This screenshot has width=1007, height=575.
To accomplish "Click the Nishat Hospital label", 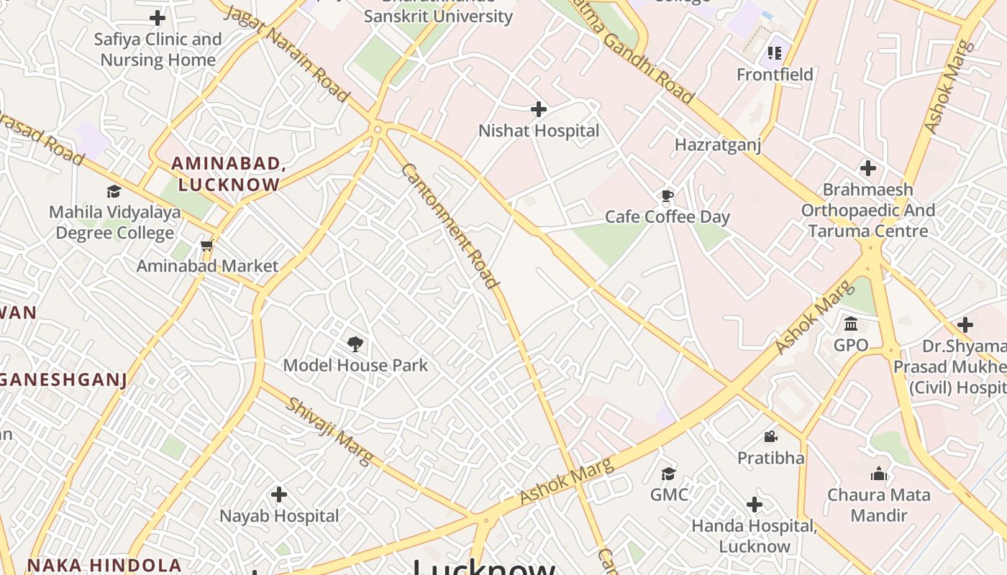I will pyautogui.click(x=539, y=131).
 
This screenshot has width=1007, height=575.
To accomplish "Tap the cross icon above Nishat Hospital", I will pyautogui.click(x=539, y=109).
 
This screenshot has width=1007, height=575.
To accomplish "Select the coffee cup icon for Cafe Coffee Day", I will pyautogui.click(x=667, y=195).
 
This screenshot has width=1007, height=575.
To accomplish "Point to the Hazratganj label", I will pyautogui.click(x=717, y=145).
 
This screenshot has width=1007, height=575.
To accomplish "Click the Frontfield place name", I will pyautogui.click(x=775, y=75).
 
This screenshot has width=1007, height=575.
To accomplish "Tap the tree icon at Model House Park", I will pyautogui.click(x=355, y=344).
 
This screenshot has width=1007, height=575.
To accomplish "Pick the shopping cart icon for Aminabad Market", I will pyautogui.click(x=207, y=246).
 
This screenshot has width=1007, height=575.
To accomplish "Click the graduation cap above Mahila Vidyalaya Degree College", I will pyautogui.click(x=114, y=191).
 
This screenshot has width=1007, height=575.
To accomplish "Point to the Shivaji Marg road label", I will pyautogui.click(x=331, y=431).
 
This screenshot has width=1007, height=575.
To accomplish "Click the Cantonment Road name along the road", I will pyautogui.click(x=450, y=226).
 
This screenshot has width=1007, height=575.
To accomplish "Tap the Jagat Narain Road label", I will pyautogui.click(x=287, y=54).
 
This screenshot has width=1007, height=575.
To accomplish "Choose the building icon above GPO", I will pyautogui.click(x=851, y=323).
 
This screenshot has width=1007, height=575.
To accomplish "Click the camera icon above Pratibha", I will pyautogui.click(x=770, y=436).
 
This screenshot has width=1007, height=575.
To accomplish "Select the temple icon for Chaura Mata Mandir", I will pyautogui.click(x=878, y=474).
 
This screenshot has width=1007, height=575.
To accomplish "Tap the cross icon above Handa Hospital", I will pyautogui.click(x=755, y=505).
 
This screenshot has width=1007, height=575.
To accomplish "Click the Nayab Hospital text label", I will pyautogui.click(x=279, y=516).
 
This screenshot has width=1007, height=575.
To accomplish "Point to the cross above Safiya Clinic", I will pyautogui.click(x=158, y=18).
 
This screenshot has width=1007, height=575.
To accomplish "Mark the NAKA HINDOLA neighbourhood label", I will pyautogui.click(x=104, y=565).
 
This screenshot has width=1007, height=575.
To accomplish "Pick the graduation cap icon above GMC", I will pyautogui.click(x=669, y=474).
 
